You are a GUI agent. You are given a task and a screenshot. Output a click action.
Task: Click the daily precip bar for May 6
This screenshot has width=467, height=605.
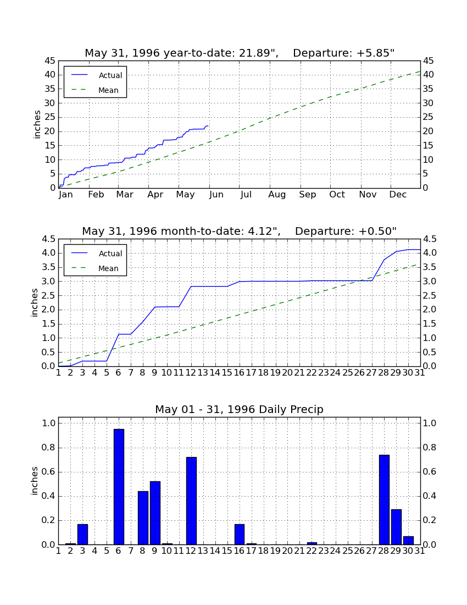point(119,487)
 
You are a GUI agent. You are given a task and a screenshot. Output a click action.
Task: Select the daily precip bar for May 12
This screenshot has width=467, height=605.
point(191,501)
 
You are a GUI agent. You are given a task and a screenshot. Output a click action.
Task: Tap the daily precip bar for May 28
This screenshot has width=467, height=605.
point(384,499)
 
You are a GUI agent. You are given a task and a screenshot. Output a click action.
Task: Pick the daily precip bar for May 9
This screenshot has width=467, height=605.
point(155,513)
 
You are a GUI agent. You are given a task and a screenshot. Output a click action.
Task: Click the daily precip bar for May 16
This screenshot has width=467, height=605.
point(240,535)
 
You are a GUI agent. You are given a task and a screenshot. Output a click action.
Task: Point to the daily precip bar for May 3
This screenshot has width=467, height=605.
point(82,535)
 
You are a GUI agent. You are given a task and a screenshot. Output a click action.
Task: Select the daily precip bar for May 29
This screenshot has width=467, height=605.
point(396,527)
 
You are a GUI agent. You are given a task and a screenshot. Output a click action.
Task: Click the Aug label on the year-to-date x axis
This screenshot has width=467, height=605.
point(277,195)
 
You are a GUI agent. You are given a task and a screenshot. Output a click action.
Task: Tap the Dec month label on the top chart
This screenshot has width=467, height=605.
point(398,195)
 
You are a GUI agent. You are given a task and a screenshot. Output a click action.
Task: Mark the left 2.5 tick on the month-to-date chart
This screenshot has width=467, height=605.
point(48,295)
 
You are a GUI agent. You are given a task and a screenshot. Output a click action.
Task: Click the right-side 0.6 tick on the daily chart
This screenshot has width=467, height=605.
point(430,472)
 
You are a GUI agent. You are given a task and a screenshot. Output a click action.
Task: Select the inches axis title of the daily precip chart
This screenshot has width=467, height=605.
point(35,481)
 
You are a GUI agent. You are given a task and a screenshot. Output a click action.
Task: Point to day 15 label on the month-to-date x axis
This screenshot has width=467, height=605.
point(227,373)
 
